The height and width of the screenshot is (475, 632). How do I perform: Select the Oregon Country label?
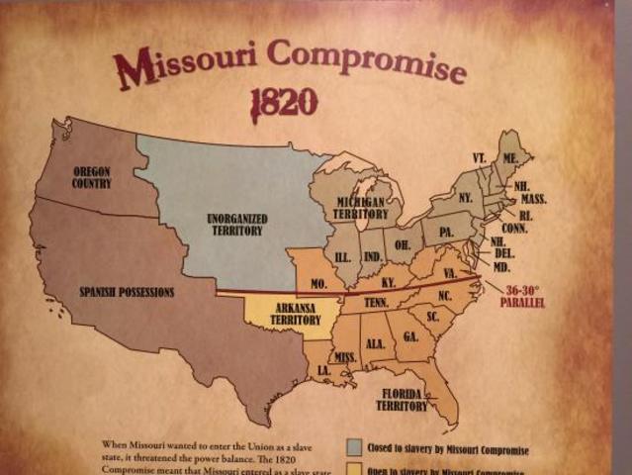tap(91, 177)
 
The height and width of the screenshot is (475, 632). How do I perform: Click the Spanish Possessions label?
tap(127, 292)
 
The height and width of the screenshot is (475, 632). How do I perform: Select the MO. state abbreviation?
tap(320, 283)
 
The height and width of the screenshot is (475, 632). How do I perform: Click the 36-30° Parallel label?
tap(522, 296)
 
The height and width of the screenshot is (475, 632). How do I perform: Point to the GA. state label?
tap(410, 336)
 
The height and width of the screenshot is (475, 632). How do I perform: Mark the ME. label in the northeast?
tap(510, 158)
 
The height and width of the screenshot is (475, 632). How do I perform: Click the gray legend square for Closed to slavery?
tap(352, 447)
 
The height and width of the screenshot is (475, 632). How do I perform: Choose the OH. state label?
tap(404, 244)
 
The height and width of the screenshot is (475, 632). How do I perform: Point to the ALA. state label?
tap(375, 343)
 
